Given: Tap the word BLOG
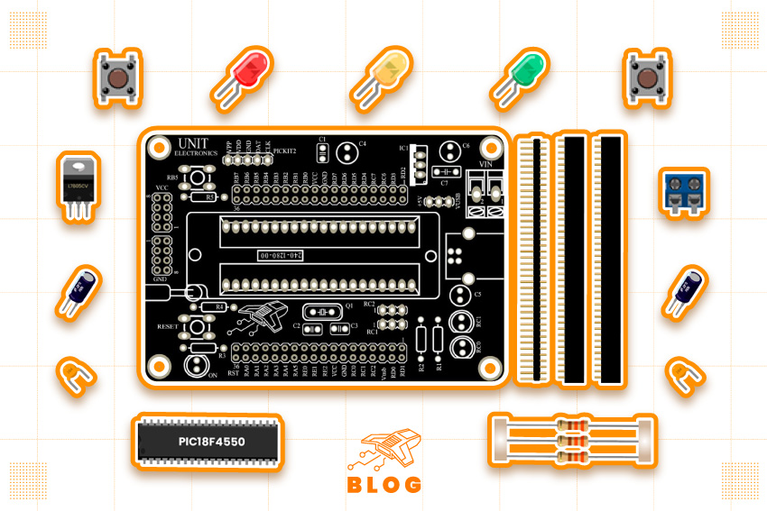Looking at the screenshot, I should [x=384, y=484].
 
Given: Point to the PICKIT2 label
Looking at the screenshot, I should [x=285, y=151].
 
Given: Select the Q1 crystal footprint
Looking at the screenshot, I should [x=321, y=313].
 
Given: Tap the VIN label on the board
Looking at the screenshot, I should [x=485, y=163].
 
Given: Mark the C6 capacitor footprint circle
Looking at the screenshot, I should [x=449, y=152].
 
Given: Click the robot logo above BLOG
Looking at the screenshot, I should [x=384, y=449].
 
